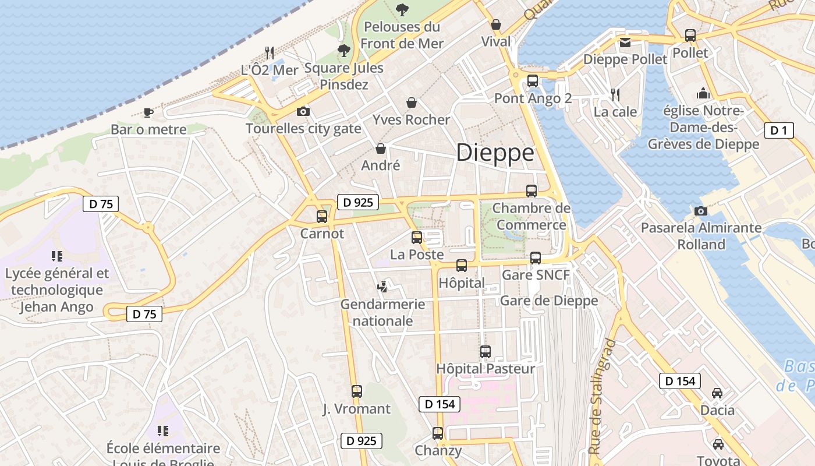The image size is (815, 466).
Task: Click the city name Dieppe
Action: pos(495,153)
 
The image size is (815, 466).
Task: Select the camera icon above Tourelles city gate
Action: pos(303,111)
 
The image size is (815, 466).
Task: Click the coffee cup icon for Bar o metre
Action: pos(148,112)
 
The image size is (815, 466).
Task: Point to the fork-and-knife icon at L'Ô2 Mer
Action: pos(269,53)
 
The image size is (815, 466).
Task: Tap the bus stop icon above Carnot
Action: pos(321,217)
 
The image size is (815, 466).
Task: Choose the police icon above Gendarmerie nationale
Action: pos(382,287)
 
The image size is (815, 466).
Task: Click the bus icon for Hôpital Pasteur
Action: pos(485,352)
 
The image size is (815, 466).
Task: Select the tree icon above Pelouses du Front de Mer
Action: pos(401,9)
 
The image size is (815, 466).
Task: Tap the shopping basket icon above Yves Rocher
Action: pos(412,103)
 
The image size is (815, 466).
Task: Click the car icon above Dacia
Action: pos(717,393)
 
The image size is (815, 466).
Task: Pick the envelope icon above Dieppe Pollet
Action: pos(625,42)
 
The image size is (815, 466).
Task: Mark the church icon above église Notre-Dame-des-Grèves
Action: pos(703,93)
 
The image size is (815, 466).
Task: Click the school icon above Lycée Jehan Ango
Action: pos(56,256)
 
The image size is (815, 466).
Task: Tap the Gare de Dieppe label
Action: pos(549,301)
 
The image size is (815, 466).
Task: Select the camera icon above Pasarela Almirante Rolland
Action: pos(700,211)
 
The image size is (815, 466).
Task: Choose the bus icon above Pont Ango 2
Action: pos(532,81)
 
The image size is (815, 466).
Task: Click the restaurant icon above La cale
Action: pos(615,94)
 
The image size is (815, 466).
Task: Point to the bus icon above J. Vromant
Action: pos(356,391)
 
